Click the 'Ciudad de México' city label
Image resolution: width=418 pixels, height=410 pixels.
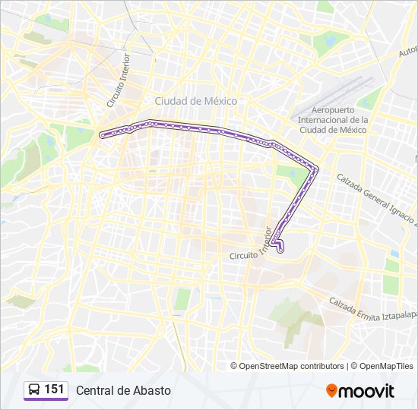click(x=196, y=101)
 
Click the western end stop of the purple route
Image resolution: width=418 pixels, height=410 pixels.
click(x=102, y=135)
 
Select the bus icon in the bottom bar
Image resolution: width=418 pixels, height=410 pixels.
click(x=34, y=389)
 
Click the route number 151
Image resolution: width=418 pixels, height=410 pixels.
click(x=55, y=389)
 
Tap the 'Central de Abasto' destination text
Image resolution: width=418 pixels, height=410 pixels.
click(x=123, y=390)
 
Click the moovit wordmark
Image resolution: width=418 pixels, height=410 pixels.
click(x=368, y=391)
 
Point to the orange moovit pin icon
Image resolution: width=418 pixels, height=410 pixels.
click(x=332, y=390)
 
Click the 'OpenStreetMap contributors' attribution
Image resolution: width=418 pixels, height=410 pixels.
click(x=292, y=366)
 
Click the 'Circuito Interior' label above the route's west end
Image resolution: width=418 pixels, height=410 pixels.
click(x=119, y=80)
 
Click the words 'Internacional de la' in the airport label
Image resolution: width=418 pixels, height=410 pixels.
click(x=333, y=120)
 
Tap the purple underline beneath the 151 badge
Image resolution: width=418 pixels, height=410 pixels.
click(x=46, y=399)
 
